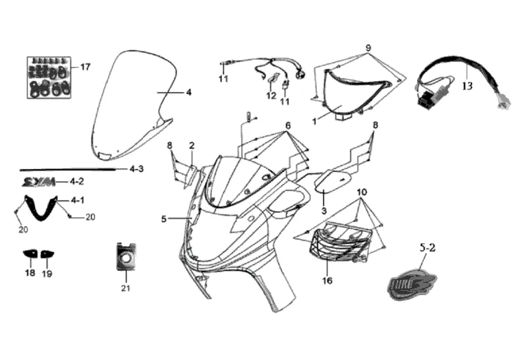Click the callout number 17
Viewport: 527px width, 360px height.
[x=85, y=67]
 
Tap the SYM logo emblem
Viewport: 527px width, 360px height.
[x=37, y=181]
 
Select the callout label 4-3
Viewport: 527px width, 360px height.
[x=136, y=169]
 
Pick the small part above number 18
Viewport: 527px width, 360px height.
[x=30, y=253]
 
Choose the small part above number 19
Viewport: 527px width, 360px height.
[x=47, y=253]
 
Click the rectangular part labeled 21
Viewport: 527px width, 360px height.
[x=125, y=256]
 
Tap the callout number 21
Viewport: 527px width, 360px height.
[x=125, y=288]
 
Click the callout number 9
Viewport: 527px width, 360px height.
[x=369, y=47]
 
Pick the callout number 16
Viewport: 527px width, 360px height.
[x=327, y=280]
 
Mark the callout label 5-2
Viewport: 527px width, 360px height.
[x=428, y=249]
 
